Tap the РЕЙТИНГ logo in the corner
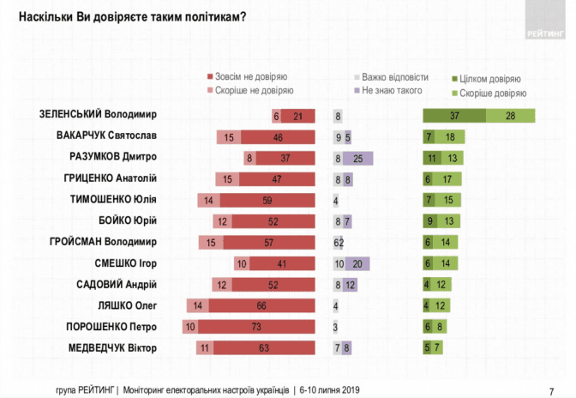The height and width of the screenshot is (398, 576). click(x=543, y=33)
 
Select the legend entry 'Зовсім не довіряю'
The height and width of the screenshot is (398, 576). click(x=253, y=76)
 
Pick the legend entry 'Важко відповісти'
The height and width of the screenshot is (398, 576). click(x=395, y=76)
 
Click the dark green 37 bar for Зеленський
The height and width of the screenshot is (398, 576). click(x=454, y=116)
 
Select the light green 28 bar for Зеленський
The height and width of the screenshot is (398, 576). click(x=511, y=116)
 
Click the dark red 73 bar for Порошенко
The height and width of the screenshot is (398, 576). click(x=257, y=327)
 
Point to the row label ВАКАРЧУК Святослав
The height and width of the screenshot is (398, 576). click(x=111, y=136)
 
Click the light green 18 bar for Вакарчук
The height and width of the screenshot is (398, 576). click(x=451, y=136)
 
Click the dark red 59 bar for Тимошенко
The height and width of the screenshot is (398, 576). click(x=269, y=200)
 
